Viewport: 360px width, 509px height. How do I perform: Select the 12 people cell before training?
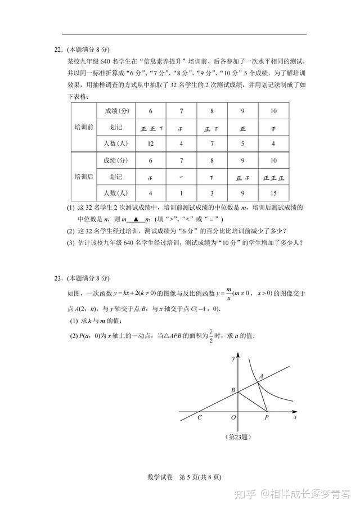(150, 143)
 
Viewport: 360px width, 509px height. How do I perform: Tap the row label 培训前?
(84, 127)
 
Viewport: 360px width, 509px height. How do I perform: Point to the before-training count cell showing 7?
(211, 143)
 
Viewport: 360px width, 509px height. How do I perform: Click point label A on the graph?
(260, 376)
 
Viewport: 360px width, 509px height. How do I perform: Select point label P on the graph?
(266, 418)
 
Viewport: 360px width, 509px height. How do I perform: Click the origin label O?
(233, 418)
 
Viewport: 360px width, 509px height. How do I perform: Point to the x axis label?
(295, 417)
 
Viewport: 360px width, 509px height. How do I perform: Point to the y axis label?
(232, 358)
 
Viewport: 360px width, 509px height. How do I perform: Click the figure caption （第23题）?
(237, 436)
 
